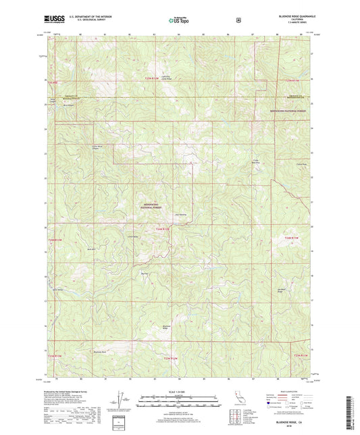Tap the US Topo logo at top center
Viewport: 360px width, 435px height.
click(x=179, y=20)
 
